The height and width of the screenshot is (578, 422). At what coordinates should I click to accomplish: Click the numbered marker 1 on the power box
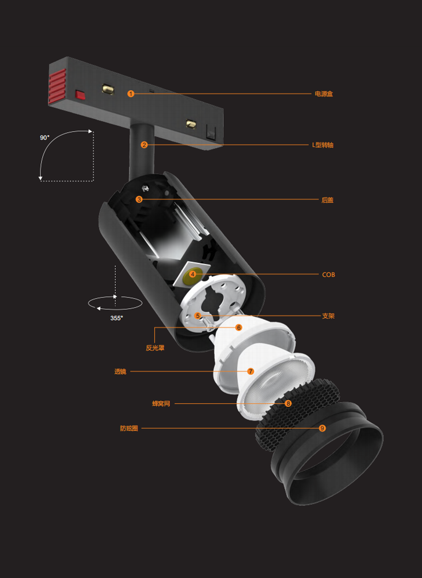click(131, 94)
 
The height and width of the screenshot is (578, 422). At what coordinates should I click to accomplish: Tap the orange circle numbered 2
click(144, 145)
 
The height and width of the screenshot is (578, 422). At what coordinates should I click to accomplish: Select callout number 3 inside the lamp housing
click(139, 199)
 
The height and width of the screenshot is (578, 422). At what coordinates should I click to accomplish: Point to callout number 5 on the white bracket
click(198, 316)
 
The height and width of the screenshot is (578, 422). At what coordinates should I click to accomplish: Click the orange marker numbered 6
click(238, 327)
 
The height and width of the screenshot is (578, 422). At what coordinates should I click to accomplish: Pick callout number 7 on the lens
click(251, 371)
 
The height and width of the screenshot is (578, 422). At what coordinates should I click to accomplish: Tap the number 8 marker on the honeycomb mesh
click(288, 403)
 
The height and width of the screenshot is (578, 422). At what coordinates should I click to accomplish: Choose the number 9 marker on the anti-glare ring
click(322, 428)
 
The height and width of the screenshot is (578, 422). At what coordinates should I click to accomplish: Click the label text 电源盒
click(324, 94)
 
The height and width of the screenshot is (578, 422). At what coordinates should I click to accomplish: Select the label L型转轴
click(323, 145)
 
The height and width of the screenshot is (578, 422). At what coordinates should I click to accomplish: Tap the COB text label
click(329, 275)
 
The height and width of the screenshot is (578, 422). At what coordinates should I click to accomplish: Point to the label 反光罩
click(155, 348)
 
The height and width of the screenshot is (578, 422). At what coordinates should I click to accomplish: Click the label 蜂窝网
click(161, 404)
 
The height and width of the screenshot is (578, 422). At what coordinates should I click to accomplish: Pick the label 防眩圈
click(129, 428)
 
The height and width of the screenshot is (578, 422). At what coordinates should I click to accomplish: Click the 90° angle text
click(44, 138)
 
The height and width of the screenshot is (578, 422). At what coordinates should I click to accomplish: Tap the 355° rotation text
click(116, 318)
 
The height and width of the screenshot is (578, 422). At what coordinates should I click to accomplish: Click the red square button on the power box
click(80, 95)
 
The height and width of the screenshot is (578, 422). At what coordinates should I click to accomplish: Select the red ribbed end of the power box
click(57, 86)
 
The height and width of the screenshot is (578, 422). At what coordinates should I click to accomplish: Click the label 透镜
click(120, 372)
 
